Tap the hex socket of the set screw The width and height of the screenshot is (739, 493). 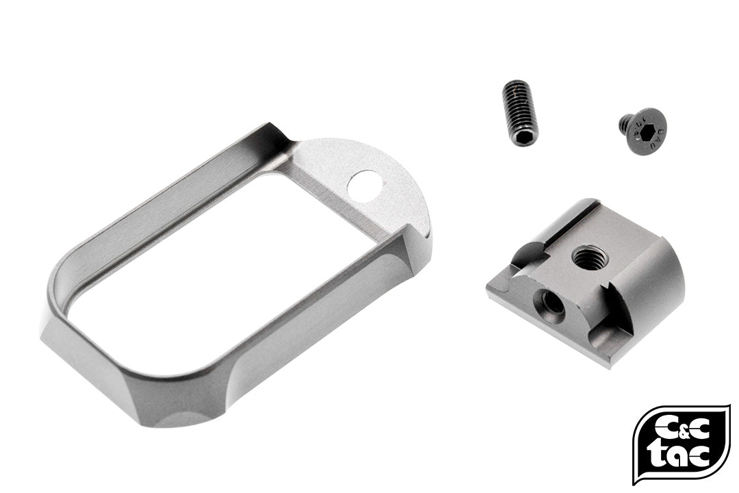click(523, 137)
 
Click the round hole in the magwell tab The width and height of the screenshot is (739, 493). click(365, 186)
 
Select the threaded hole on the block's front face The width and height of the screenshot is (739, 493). click(549, 301)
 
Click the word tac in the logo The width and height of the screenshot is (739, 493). click(681, 454)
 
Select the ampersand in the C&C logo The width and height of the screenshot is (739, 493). click(682, 429)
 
